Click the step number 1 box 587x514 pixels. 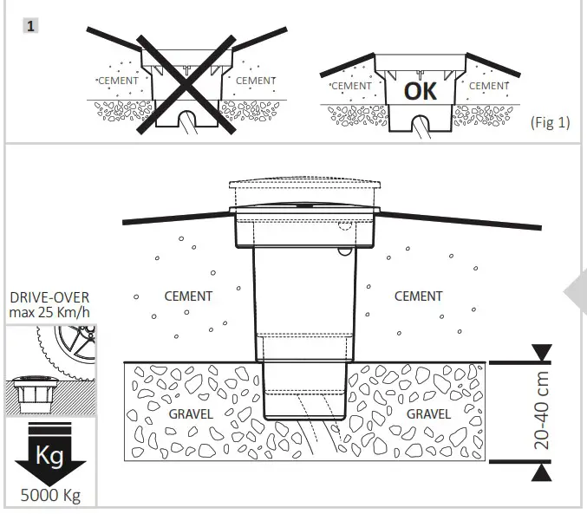[30, 26]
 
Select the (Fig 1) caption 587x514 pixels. [549, 122]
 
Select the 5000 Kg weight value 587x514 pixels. [49, 497]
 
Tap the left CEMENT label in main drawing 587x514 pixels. [188, 296]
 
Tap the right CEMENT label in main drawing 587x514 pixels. [418, 296]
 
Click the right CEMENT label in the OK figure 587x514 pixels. [489, 86]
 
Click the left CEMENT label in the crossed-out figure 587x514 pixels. [116, 81]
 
